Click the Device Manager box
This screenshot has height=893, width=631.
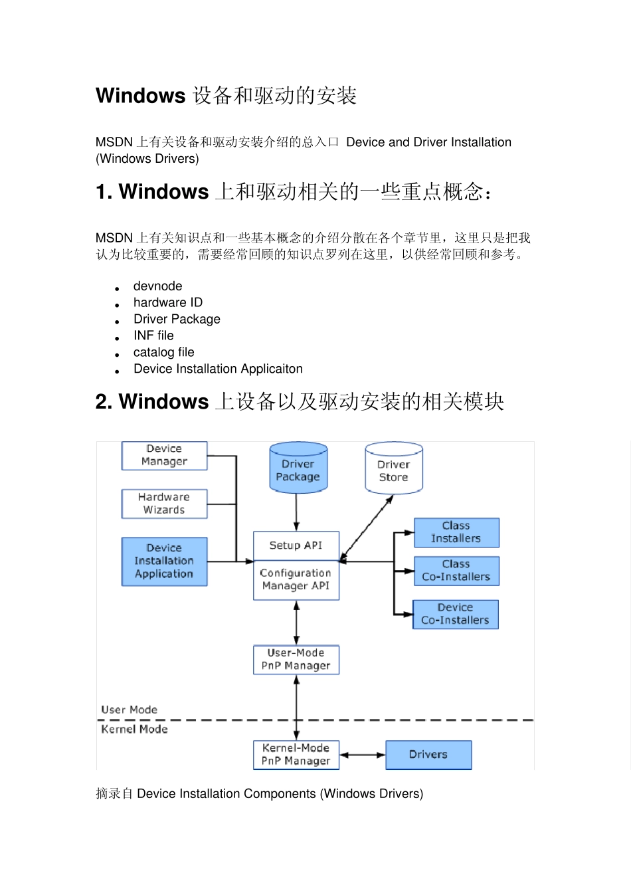coord(164,456)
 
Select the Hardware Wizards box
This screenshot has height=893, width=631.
coord(164,504)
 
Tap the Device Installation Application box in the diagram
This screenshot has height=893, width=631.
coord(164,561)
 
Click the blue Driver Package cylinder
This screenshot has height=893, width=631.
coord(298,469)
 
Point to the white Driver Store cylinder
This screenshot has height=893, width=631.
coord(394,470)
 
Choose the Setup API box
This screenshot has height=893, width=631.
coord(296,546)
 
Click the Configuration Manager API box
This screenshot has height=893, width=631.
coord(296,580)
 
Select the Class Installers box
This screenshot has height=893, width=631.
coord(456,532)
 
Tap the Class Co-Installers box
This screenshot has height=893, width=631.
coord(456,571)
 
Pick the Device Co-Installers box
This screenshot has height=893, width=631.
coord(456,614)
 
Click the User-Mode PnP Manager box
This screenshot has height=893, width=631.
coord(296,659)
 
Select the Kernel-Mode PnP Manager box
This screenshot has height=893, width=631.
coord(296,755)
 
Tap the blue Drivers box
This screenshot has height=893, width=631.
coord(428,755)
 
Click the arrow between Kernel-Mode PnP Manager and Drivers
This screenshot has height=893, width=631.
coord(363,755)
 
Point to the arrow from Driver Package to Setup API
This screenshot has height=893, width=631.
coord(297,512)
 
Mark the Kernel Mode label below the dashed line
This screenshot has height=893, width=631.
coord(134,729)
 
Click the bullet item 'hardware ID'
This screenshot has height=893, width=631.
coord(168,302)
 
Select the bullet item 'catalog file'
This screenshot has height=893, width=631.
coord(164,352)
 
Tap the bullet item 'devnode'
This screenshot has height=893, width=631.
coord(158,286)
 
